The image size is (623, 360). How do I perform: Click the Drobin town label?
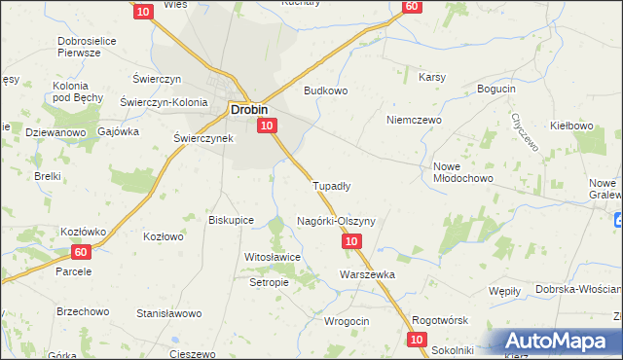[249, 109]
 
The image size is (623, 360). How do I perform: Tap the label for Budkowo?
[325, 90]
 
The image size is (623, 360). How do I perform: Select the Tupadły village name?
[331, 184]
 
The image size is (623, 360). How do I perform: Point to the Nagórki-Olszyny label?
[336, 221]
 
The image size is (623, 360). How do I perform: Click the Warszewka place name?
[367, 274]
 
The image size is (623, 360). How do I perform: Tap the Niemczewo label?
[414, 120]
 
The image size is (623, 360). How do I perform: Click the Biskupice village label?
[231, 220]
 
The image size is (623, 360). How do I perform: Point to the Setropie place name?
[269, 282]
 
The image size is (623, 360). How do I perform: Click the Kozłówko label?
[55, 231]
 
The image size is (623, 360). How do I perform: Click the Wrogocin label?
[346, 322]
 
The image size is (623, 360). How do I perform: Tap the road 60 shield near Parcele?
[81, 252]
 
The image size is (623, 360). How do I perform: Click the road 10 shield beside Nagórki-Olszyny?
[352, 240]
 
